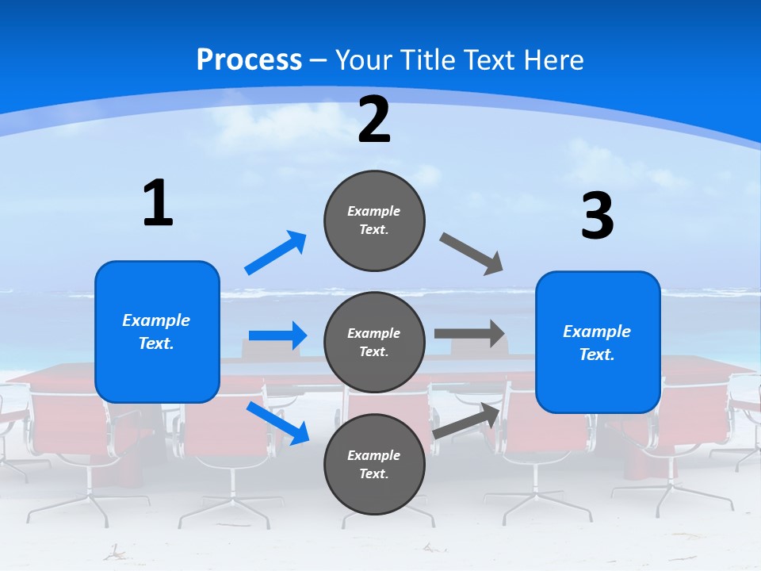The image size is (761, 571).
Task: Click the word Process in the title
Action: click(249, 59)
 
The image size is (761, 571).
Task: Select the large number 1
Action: click(158, 204)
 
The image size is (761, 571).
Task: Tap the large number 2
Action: click(374, 120)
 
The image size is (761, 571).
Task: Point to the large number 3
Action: click(597, 217)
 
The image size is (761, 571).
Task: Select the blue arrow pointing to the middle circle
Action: click(277, 335)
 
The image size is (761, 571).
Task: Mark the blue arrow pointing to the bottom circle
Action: click(277, 423)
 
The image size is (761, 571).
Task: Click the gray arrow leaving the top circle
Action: click(472, 254)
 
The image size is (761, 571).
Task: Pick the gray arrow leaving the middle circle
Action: click(469, 334)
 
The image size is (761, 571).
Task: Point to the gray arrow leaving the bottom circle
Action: click(467, 420)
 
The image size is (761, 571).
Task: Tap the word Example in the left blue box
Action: click(156, 320)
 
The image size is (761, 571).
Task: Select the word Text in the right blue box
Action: click(596, 354)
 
